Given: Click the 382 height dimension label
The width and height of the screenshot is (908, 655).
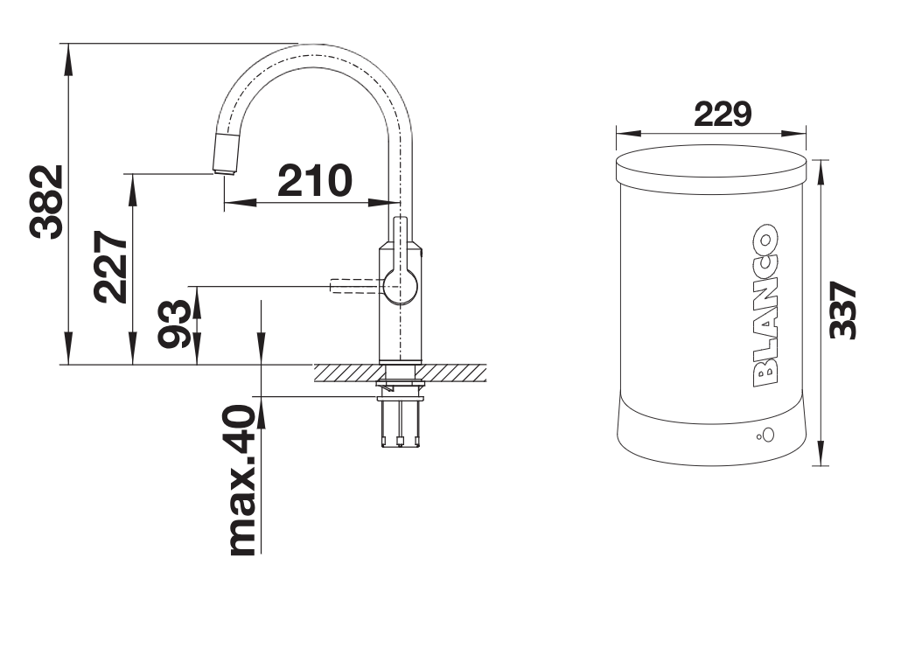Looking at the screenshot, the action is click(46, 202).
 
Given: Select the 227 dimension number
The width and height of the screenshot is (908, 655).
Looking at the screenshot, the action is click(110, 267).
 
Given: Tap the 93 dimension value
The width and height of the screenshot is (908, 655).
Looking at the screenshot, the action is click(175, 324).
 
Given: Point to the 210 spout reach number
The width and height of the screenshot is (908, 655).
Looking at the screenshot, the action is click(314, 180).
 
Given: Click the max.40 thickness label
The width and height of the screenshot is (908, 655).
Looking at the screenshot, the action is click(242, 480).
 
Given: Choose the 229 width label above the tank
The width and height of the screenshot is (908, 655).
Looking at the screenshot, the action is click(723, 114).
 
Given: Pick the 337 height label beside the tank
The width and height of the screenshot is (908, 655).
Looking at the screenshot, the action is click(842, 310).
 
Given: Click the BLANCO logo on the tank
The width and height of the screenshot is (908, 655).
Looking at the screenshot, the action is click(765, 304).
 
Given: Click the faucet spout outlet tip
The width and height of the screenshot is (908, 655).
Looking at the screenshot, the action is click(224, 171).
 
